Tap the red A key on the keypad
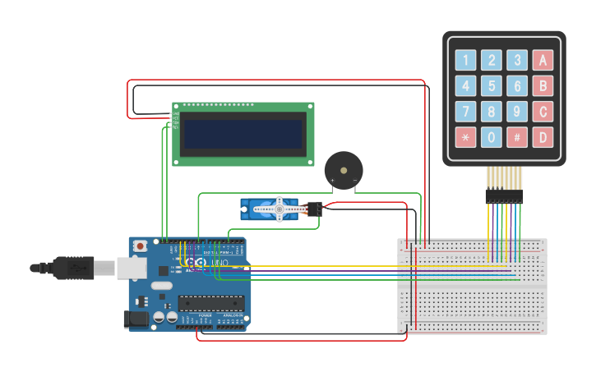(x=542, y=60)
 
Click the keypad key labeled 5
(x=492, y=85)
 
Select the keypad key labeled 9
(x=517, y=111)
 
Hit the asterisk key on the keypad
(x=466, y=137)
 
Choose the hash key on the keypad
(x=517, y=137)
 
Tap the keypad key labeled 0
(x=492, y=137)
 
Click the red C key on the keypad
(x=542, y=111)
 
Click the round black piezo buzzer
(x=343, y=169)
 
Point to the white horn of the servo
(x=280, y=209)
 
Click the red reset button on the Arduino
(x=141, y=246)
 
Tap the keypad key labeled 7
(x=466, y=111)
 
